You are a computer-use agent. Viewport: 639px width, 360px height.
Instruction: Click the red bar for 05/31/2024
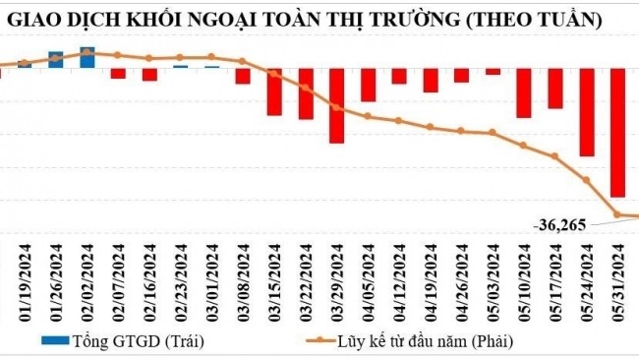(617, 133)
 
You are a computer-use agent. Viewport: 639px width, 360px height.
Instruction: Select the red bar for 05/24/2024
(587, 112)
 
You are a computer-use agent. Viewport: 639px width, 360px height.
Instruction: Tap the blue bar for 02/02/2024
(87, 58)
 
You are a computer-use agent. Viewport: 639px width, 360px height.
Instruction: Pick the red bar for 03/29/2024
(336, 105)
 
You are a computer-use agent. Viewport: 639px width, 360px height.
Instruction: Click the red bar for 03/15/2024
(274, 91)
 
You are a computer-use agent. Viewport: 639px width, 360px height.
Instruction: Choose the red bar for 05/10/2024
(524, 93)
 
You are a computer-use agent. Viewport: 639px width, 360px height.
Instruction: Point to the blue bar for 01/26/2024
(56, 60)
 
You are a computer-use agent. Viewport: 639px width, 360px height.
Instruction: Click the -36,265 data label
(560, 225)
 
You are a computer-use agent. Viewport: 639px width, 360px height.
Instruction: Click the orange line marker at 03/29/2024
(336, 107)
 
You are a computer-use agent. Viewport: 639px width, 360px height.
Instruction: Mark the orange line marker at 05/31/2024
(617, 213)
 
